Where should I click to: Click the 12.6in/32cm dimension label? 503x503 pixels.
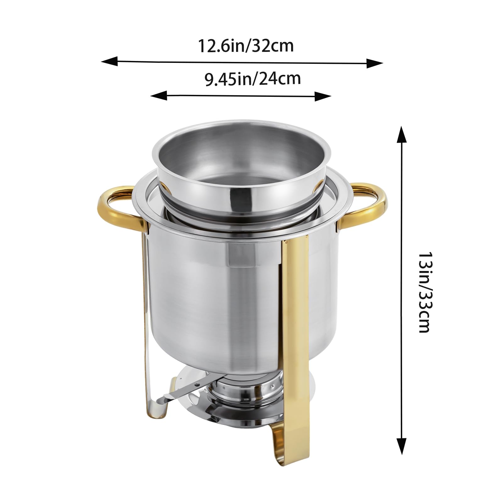246,46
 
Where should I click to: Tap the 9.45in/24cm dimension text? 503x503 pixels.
253,79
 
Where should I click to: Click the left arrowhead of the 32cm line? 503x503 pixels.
109,61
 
